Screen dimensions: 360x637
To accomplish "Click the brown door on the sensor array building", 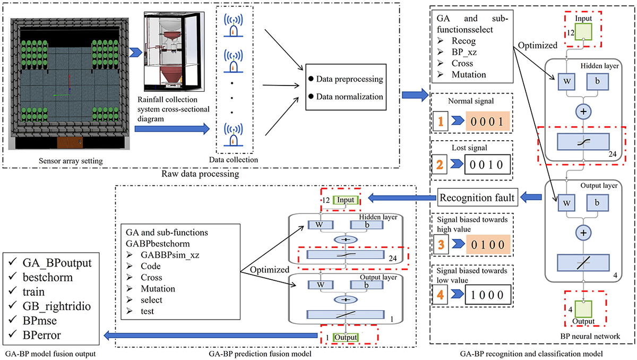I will click(x=70, y=143).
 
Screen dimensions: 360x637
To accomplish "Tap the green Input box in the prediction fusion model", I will click(x=347, y=200).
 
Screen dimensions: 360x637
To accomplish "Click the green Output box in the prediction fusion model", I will click(x=346, y=337).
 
